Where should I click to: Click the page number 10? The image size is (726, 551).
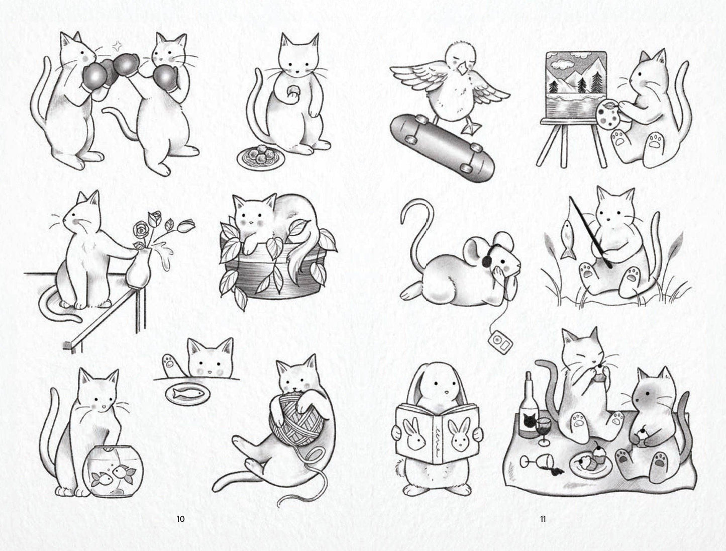coord(180,519)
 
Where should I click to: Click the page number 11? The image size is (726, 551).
coord(543,519)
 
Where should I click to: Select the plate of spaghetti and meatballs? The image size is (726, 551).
coord(261,156)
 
